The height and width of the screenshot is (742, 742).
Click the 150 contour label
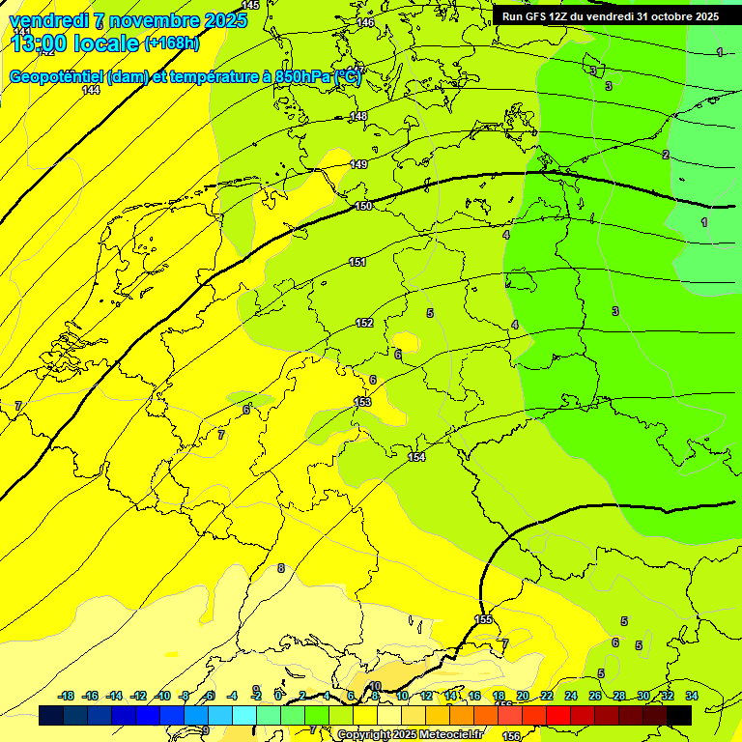click(x=363, y=206)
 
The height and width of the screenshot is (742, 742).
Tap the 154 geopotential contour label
click(x=416, y=457)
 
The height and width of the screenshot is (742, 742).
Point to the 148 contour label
click(x=358, y=116)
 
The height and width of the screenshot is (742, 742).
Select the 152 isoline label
click(x=364, y=323)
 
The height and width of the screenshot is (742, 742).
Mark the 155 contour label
click(x=484, y=619)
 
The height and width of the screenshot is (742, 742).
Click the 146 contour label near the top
click(x=365, y=22)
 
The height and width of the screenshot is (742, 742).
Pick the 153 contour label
click(x=362, y=402)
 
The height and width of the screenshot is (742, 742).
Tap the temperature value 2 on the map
click(x=666, y=155)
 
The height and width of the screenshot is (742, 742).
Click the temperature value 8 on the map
click(x=281, y=568)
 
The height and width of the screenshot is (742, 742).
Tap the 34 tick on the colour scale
click(x=692, y=696)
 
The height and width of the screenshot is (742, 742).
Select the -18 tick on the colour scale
click(x=67, y=696)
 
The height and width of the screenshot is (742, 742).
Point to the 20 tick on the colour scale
click(x=523, y=696)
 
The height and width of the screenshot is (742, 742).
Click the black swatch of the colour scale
click(x=679, y=715)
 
